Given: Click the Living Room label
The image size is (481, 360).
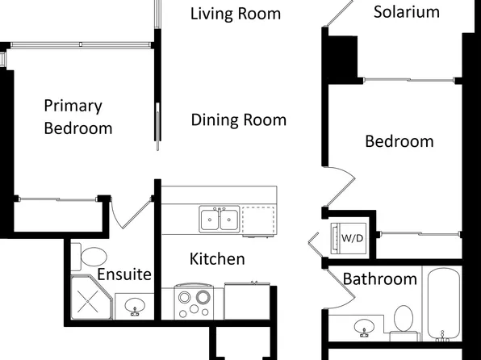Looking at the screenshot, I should (236, 14).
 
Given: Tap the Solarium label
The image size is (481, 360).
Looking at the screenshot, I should (407, 11).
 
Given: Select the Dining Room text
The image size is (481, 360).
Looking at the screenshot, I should (239, 120).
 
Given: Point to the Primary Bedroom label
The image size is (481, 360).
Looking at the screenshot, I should (77, 116).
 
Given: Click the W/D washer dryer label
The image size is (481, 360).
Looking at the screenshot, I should (352, 238).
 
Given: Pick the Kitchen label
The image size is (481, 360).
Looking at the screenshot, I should (217, 259).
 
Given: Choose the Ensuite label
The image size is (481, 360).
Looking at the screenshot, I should (124, 274).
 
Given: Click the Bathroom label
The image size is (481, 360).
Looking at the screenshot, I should (380, 279).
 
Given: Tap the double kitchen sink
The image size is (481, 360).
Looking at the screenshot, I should (219, 218).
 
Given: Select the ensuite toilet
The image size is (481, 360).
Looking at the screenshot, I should (91, 257).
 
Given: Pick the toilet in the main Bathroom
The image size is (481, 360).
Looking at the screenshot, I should (404, 320).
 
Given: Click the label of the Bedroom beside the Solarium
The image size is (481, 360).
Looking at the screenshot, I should (399, 141).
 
